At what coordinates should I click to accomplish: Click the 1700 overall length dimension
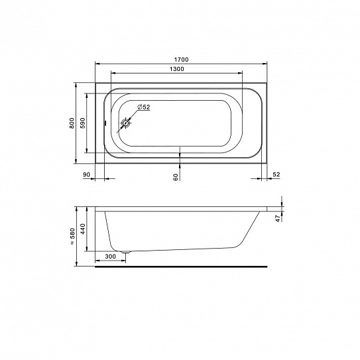tap(181, 60)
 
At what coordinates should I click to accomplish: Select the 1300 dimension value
tap(176, 69)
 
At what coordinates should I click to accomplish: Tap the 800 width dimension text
tap(72, 123)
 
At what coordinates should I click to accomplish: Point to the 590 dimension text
tap(83, 123)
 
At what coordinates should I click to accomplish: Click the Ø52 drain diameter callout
tap(143, 107)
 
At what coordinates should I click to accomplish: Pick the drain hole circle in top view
tap(125, 123)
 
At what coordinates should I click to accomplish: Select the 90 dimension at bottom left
tap(86, 175)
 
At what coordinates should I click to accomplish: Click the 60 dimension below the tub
tap(176, 177)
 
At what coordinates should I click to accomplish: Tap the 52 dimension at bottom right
tap(276, 174)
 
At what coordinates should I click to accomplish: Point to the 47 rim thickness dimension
tap(278, 218)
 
